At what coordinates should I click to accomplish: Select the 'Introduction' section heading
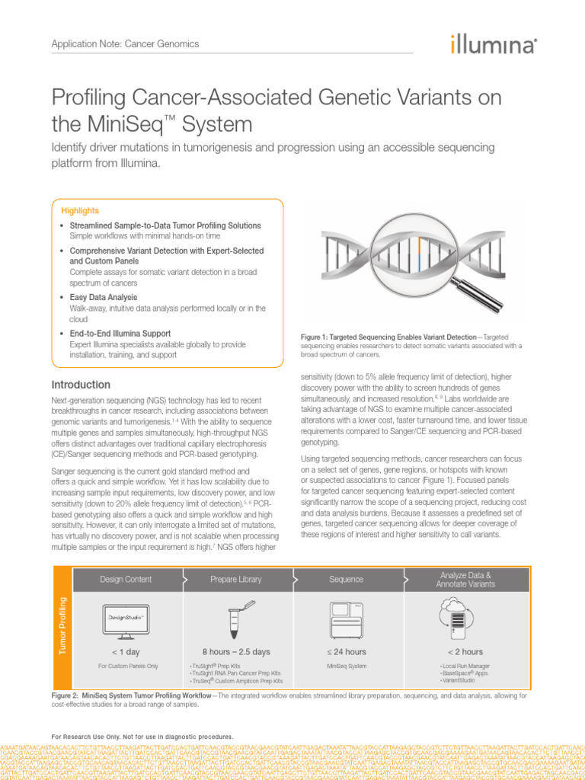tap(81, 385)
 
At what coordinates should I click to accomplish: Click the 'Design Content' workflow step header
tap(125, 579)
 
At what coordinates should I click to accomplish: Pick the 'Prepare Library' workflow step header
tap(236, 579)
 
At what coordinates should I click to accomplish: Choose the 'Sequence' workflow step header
tap(346, 579)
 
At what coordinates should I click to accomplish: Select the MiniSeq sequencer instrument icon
tap(346, 617)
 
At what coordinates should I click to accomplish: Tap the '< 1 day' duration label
tap(125, 651)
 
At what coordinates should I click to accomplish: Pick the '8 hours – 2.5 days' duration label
tap(236, 651)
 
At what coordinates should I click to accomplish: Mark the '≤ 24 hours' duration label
tap(346, 651)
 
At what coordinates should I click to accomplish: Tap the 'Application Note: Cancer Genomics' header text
tap(124, 43)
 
